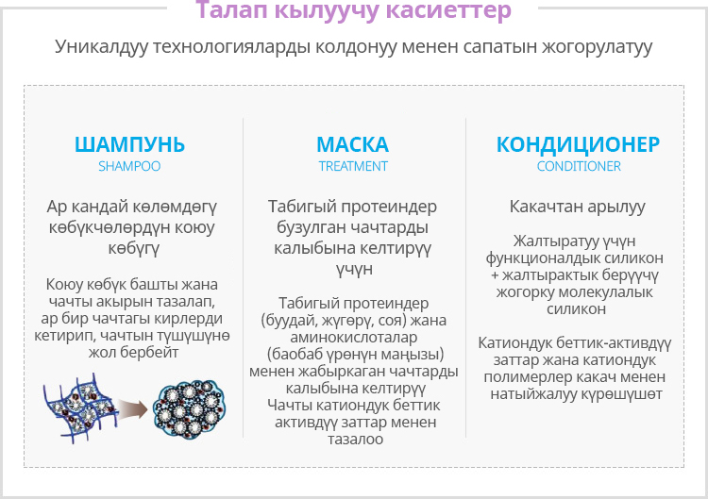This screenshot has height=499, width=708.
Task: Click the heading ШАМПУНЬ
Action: [129, 144]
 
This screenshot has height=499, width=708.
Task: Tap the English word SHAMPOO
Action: [129, 166]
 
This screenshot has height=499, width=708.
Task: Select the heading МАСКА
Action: [353, 144]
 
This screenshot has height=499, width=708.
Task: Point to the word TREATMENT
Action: [353, 166]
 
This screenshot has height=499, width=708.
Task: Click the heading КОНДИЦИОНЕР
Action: [578, 144]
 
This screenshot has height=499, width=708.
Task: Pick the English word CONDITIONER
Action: [579, 166]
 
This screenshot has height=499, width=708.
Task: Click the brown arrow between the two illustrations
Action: [133, 408]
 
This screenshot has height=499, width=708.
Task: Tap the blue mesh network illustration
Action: [79, 408]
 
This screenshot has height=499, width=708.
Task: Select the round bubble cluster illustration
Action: [189, 408]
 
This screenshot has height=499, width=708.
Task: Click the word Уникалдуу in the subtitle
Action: [102, 46]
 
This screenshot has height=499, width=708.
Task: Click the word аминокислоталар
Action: [354, 337]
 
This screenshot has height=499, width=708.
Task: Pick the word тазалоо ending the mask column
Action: [355, 439]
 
